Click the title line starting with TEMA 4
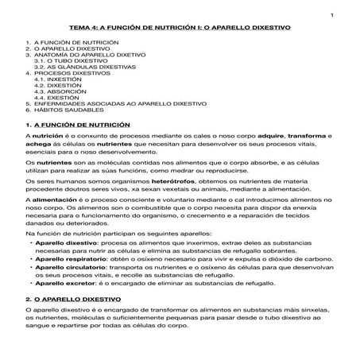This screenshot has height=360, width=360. click(180, 27)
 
